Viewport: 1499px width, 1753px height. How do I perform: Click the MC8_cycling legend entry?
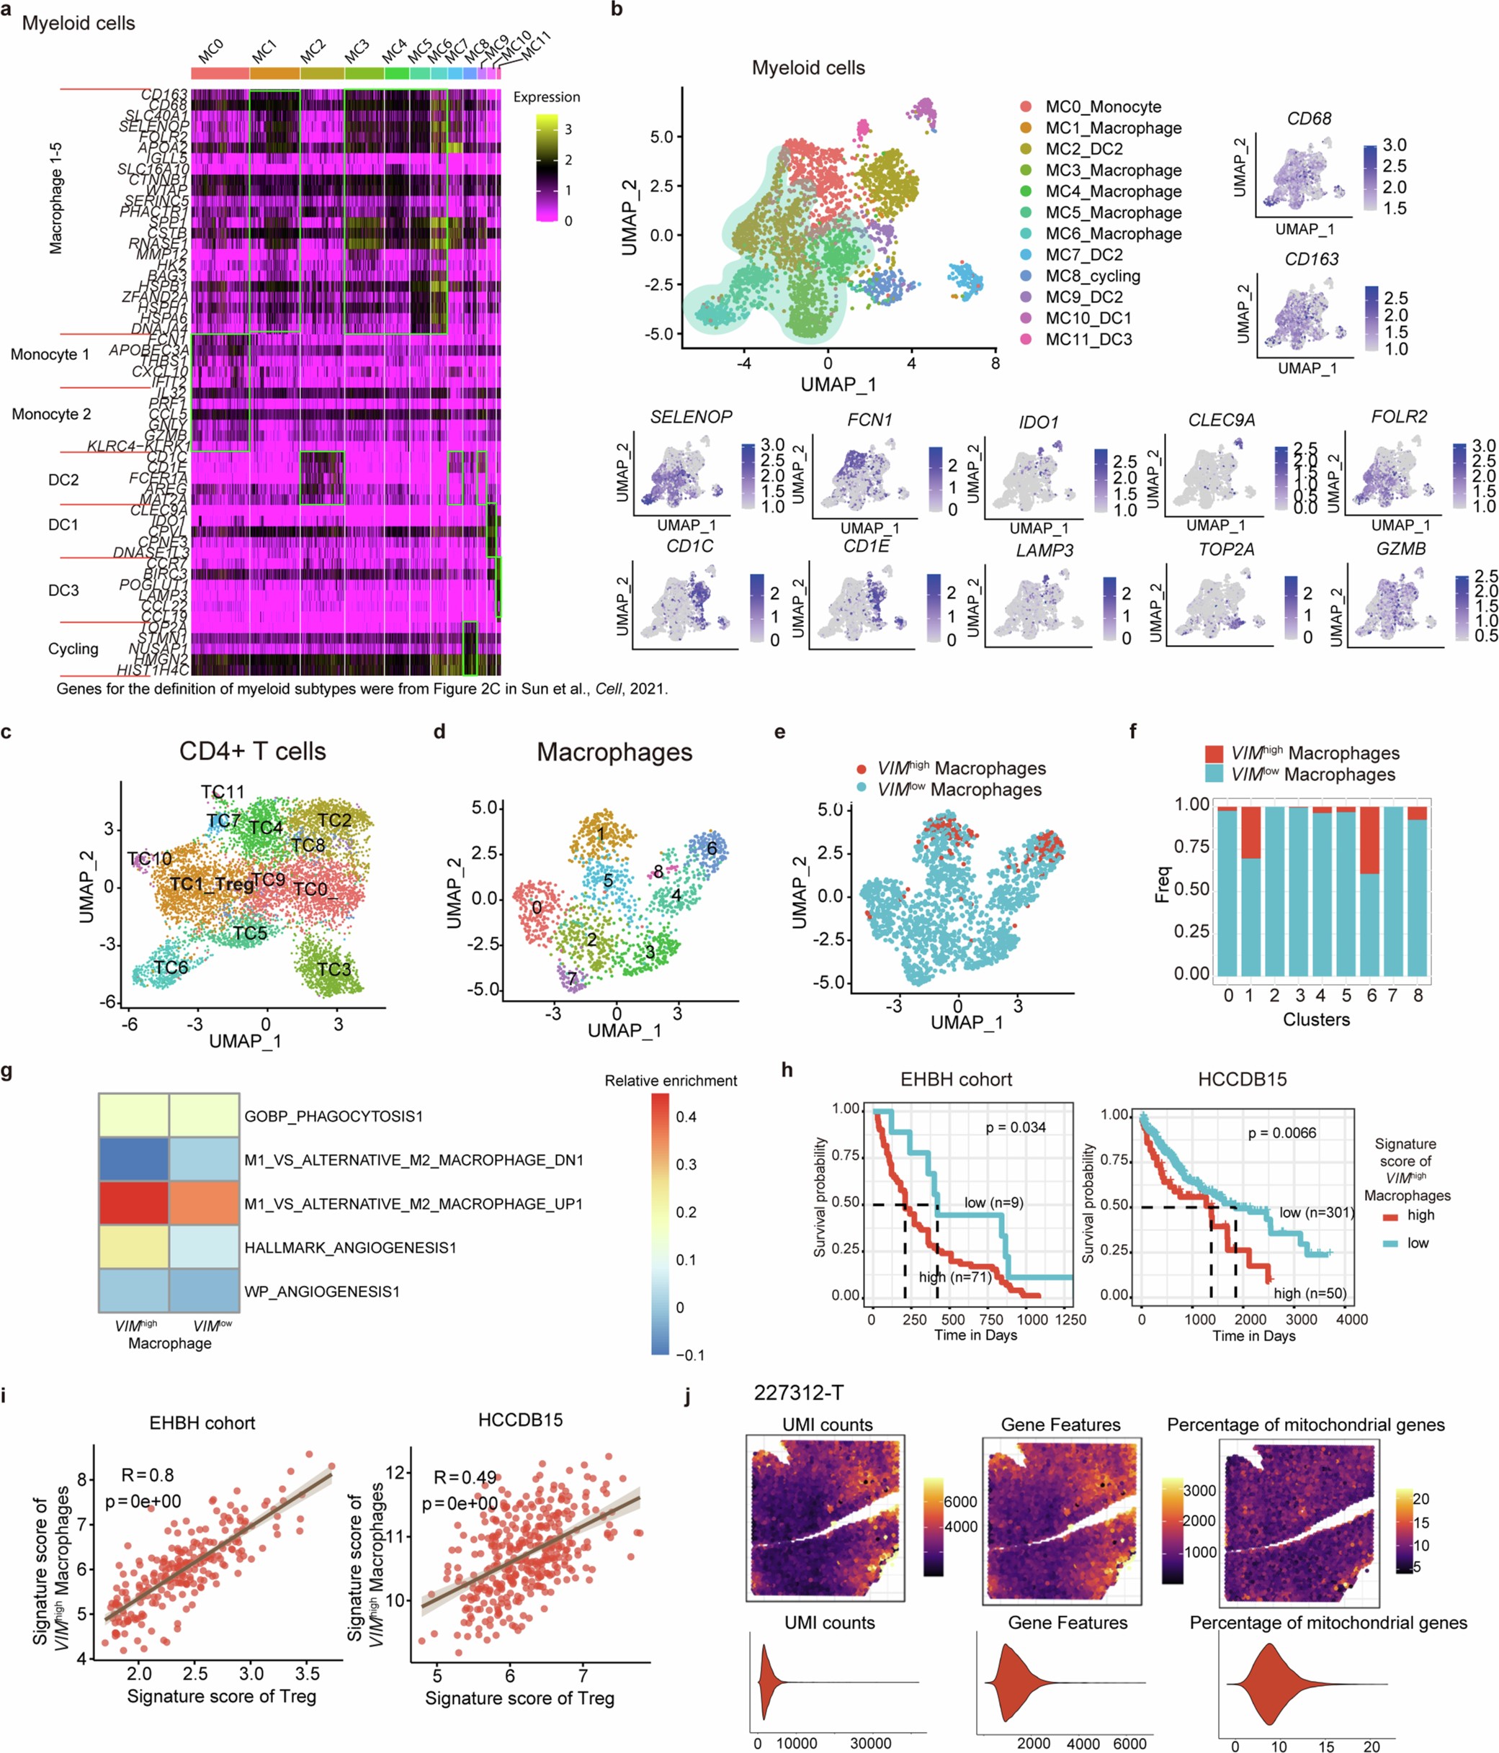tap(1092, 276)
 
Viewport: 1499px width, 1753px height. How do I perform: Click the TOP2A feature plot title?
tap(1225, 550)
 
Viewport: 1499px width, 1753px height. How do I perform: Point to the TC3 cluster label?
tap(334, 969)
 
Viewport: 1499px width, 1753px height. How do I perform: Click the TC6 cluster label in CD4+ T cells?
tap(170, 967)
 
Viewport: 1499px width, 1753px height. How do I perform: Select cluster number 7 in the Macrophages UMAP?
tap(571, 979)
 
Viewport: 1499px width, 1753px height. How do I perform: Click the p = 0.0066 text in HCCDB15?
tap(1281, 1133)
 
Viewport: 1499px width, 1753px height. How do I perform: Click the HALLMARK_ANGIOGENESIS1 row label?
tap(349, 1247)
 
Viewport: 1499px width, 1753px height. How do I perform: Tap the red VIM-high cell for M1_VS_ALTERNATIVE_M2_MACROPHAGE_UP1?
tap(134, 1203)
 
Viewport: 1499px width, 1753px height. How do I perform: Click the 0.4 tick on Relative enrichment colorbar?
tap(686, 1117)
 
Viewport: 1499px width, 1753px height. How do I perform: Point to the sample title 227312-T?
tap(798, 1392)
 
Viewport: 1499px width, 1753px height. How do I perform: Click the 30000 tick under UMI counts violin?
tap(870, 1743)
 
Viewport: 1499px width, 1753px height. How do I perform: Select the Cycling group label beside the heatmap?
tap(73, 649)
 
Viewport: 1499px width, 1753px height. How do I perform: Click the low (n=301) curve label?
tap(1316, 1212)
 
